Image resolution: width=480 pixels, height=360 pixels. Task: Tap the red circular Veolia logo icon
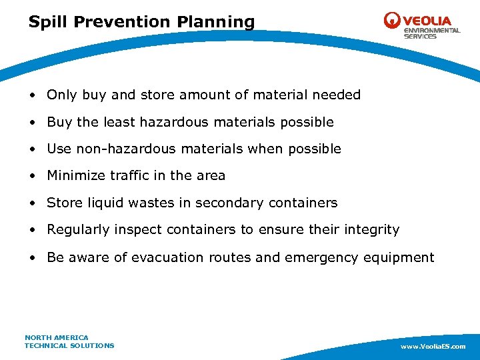[x=392, y=21]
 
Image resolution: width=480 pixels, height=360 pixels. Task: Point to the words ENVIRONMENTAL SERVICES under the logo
[x=431, y=33]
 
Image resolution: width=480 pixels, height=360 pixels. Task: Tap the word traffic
[x=130, y=176]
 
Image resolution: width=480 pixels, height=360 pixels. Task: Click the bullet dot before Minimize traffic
[x=33, y=176]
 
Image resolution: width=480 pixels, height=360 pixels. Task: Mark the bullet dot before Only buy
[x=33, y=95]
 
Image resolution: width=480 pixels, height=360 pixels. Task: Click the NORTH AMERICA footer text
[x=57, y=337]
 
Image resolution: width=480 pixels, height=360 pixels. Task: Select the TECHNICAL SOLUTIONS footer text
[x=69, y=345]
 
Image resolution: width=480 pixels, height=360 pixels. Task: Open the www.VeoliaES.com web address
[x=433, y=347]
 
